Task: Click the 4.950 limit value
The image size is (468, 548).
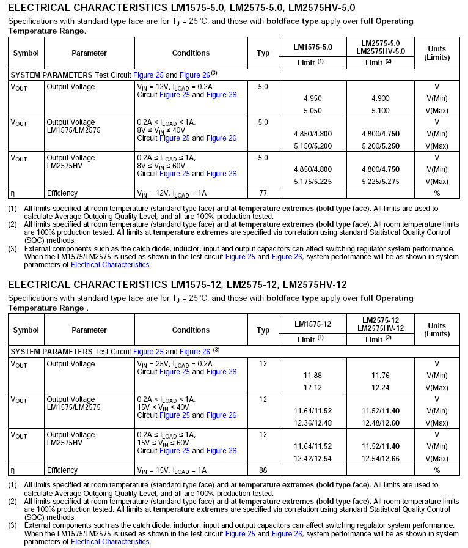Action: coord(312,98)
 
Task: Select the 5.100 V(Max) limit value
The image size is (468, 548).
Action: coord(380,111)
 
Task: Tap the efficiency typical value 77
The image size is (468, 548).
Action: coord(263,193)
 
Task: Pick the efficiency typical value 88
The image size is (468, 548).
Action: coord(263,470)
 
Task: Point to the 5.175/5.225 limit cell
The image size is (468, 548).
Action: coord(312,182)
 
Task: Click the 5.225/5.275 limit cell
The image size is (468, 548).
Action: coord(380,182)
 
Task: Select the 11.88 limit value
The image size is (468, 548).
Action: coord(312,376)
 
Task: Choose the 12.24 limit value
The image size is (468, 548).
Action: coord(380,388)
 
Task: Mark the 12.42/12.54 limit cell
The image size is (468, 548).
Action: coord(312,459)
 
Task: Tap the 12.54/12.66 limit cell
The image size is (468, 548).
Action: coord(380,459)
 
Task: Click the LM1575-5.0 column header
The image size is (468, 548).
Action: coord(312,47)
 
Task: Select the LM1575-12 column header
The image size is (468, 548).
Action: coord(312,324)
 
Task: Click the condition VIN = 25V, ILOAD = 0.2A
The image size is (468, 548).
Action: coord(174,364)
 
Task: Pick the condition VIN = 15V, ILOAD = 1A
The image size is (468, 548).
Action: coord(172,470)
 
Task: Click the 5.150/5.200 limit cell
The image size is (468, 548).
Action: coord(312,146)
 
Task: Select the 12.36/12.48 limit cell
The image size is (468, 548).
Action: coord(312,423)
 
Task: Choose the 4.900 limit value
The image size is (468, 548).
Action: coord(380,98)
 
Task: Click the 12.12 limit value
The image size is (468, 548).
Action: coord(312,388)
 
